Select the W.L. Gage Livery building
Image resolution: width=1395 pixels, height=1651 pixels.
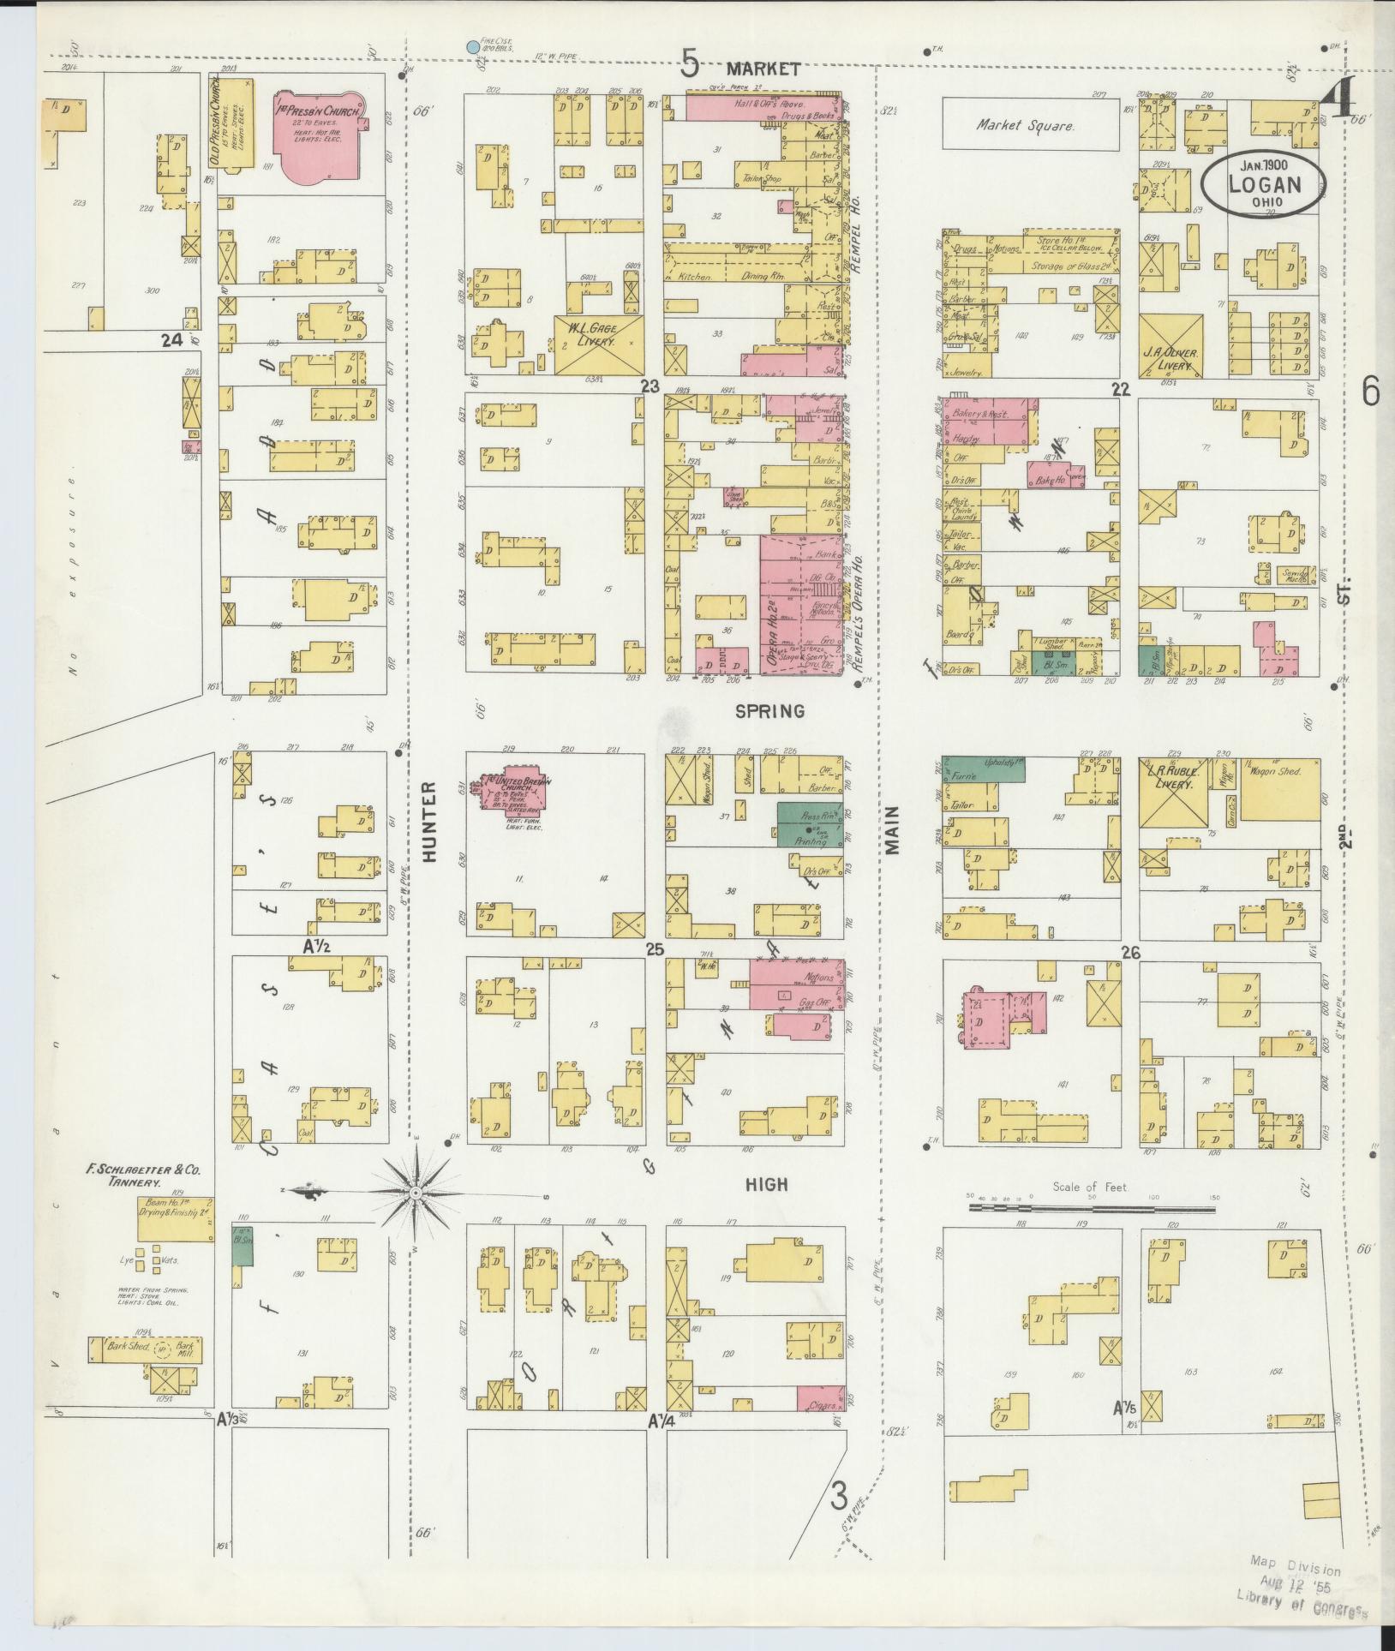click(x=598, y=344)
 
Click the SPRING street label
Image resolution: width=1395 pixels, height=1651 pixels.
click(x=770, y=711)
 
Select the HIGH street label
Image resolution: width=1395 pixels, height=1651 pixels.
click(x=765, y=1183)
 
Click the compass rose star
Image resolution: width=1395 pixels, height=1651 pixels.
click(x=415, y=1193)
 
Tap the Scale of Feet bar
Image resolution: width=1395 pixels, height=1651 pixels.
click(x=1092, y=1209)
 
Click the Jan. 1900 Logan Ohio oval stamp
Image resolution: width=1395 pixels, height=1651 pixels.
click(x=1264, y=182)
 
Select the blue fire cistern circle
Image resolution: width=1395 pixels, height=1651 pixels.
click(x=471, y=47)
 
